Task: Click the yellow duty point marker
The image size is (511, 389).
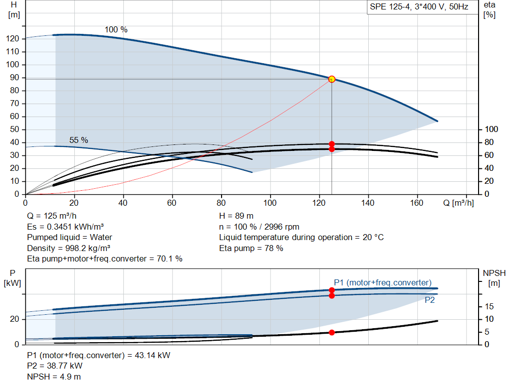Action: click(332, 79)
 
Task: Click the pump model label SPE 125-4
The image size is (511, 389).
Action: click(390, 7)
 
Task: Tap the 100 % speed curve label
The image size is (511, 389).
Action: click(116, 29)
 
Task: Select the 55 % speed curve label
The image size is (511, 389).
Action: click(78, 140)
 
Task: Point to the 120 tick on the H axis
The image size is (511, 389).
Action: click(12, 39)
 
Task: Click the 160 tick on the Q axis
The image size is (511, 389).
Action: click(417, 203)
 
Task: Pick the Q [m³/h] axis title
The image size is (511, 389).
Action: click(459, 203)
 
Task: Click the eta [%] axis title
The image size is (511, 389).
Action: click(490, 10)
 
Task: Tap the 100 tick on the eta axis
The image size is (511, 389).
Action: click(491, 130)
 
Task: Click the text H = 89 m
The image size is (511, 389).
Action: click(236, 216)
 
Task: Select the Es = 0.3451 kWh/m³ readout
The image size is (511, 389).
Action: click(65, 227)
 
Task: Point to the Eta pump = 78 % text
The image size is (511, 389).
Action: click(252, 248)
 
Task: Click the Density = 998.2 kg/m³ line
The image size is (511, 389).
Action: click(69, 248)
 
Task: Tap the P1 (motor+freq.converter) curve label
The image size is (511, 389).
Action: click(383, 282)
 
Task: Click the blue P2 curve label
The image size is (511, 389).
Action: click(430, 300)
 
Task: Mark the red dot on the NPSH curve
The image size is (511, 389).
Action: click(332, 332)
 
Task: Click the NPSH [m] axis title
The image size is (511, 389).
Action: click(494, 278)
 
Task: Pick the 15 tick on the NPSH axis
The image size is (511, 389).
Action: click(489, 306)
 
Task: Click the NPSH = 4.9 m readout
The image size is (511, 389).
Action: click(54, 377)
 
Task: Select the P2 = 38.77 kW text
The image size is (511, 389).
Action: click(55, 366)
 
